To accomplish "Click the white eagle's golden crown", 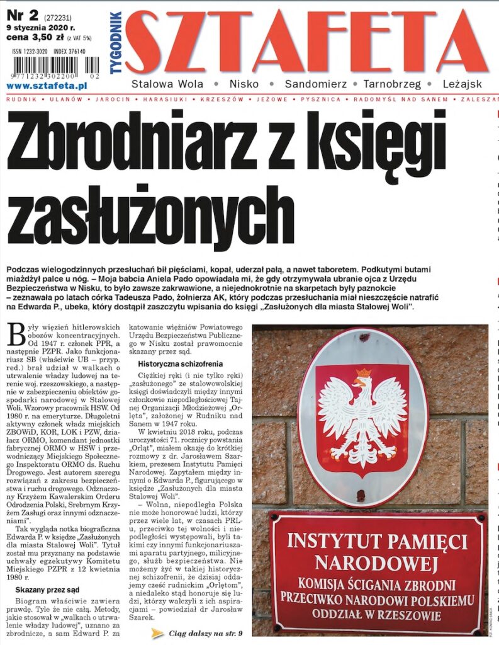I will (x=362, y=374).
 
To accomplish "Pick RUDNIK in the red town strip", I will (x=19, y=100).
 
